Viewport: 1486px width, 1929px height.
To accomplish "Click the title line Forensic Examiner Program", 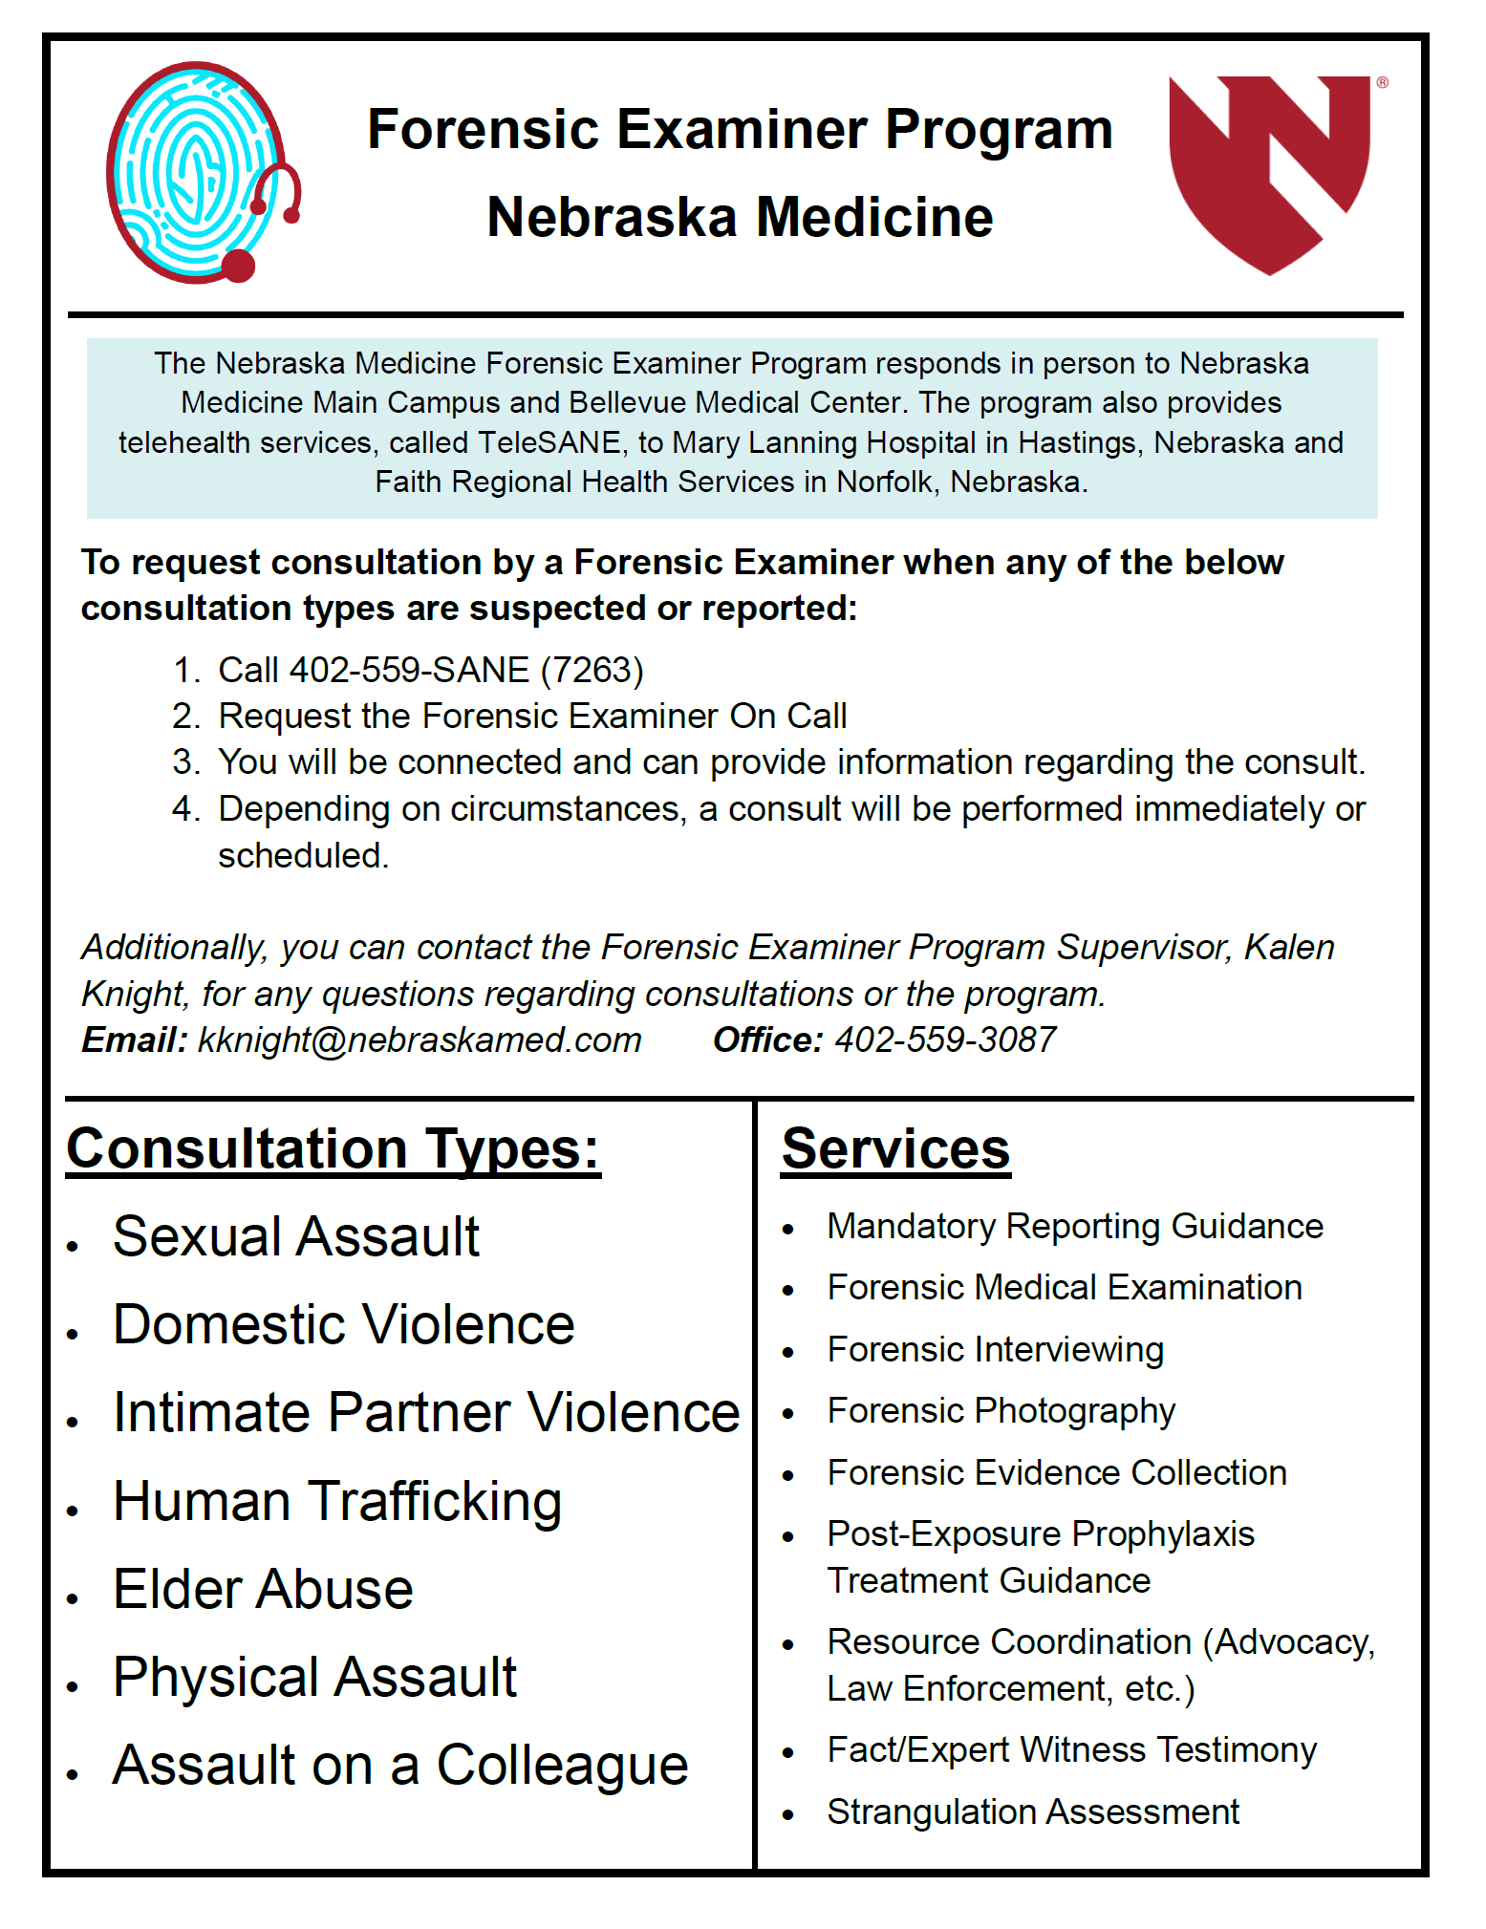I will tap(740, 130).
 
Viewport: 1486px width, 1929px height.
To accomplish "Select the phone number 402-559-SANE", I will tap(410, 671).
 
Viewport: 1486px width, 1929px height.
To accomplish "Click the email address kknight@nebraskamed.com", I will tap(420, 1040).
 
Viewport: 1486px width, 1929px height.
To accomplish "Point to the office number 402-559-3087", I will tap(945, 1040).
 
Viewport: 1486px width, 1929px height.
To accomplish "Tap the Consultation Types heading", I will tap(333, 1148).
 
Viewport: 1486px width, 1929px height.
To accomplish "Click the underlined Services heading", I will tap(895, 1148).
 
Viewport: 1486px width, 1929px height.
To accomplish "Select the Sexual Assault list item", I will tap(296, 1237).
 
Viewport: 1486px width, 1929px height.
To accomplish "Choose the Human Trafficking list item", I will tap(337, 1502).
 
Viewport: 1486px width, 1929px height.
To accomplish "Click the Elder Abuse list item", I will tap(263, 1590).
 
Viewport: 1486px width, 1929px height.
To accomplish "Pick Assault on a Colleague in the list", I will tap(400, 1766).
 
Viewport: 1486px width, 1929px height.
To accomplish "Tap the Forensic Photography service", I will tap(1001, 1411).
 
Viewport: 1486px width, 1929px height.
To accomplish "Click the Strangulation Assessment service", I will tap(1033, 1812).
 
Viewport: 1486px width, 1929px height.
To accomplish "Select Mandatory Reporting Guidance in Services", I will tap(1075, 1227).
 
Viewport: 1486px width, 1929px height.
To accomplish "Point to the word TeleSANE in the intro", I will tap(549, 442).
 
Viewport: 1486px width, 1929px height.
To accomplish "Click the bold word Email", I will tap(134, 1040).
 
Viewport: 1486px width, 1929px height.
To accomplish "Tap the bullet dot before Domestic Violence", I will tap(73, 1334).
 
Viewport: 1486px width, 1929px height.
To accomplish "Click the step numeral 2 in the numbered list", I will tap(183, 717).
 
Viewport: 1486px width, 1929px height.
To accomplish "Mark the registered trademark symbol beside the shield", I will tap(1382, 83).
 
